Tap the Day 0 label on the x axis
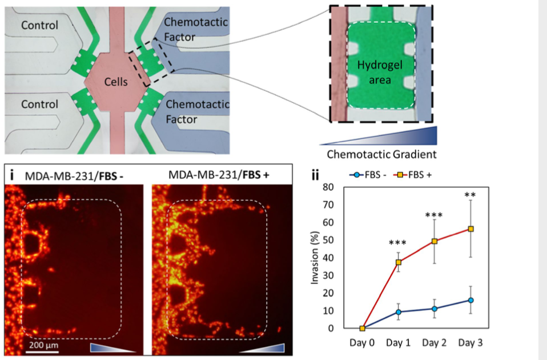363,343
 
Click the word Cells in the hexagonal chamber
116,82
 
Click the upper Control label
40,25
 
